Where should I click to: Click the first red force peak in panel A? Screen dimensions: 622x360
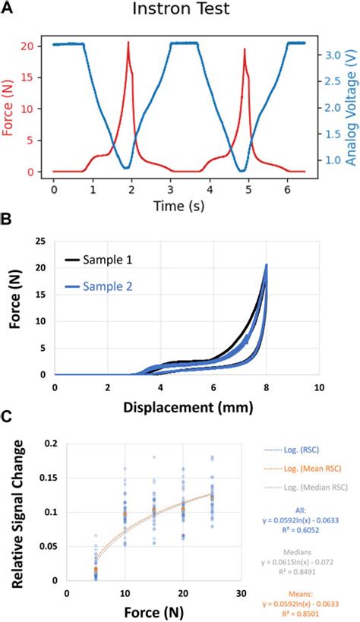[x=128, y=43]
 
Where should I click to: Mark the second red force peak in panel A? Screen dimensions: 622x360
[x=245, y=50]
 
